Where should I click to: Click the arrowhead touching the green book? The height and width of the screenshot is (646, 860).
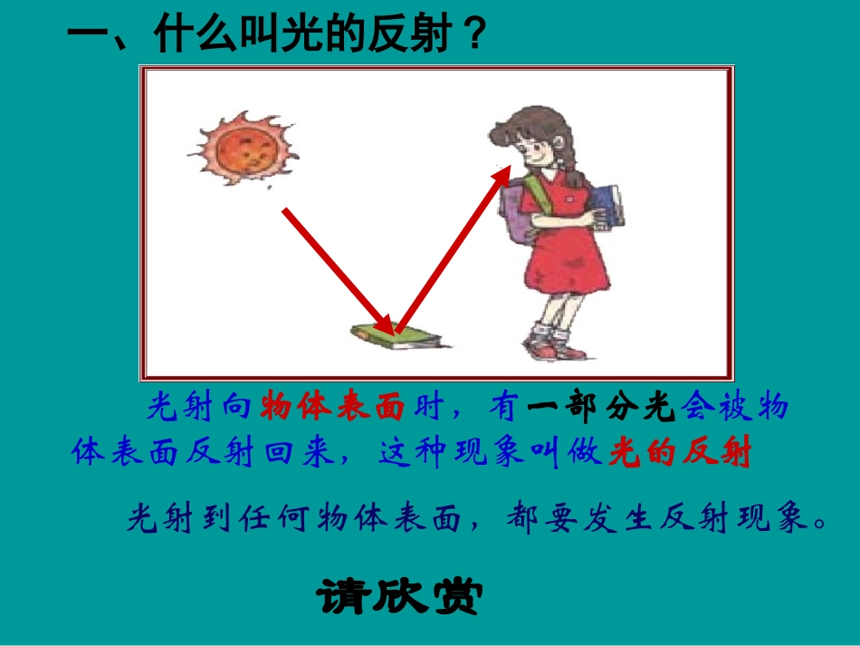tap(387, 324)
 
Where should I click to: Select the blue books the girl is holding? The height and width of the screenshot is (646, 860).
tap(607, 207)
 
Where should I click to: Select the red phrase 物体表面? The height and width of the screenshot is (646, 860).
tap(332, 409)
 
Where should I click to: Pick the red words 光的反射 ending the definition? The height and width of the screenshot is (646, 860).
tap(680, 451)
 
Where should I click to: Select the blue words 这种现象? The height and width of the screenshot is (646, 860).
tap(453, 451)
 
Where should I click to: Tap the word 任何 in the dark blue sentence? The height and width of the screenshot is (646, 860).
tap(272, 519)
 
